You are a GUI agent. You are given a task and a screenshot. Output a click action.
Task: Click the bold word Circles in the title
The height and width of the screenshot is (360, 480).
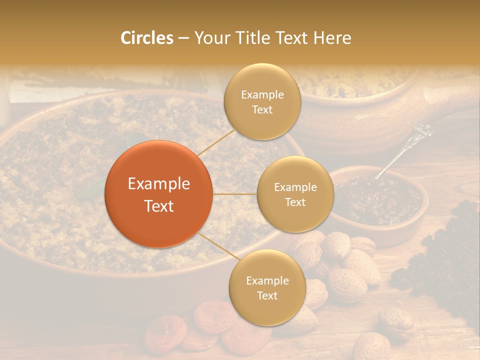[146, 38]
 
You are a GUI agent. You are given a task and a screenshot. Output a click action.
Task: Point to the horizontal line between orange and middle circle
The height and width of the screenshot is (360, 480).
[234, 194]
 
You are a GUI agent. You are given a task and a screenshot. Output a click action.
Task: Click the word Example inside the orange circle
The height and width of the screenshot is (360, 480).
[159, 184]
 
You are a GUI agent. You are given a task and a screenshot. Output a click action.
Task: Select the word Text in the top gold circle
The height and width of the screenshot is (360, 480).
[262, 109]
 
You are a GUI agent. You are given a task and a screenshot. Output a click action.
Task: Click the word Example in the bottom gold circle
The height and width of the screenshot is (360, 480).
[267, 280]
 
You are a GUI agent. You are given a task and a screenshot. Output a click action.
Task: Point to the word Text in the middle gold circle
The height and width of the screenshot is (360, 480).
[295, 202]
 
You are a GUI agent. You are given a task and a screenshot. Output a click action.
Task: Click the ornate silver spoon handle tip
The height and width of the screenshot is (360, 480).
[424, 131]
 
